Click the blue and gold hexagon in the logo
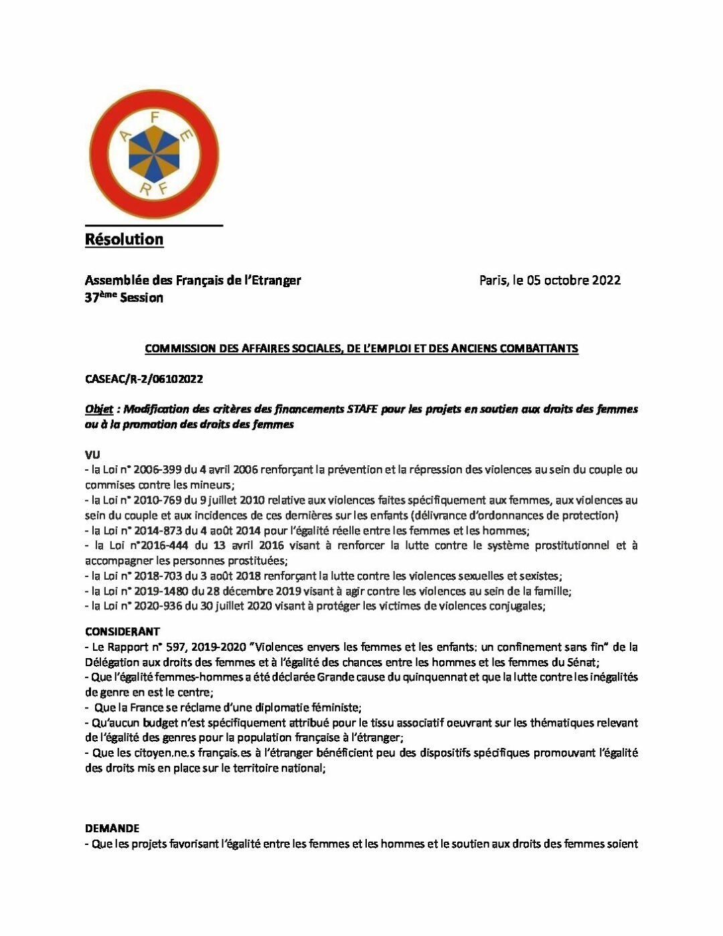pos(154,153)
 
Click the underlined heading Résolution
pos(124,240)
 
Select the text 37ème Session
pos(124,298)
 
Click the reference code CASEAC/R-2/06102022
pos(144,379)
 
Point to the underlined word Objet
pos(98,409)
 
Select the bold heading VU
pos(92,455)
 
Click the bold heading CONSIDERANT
pos(123,631)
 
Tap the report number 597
pos(177,647)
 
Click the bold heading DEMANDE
pos(112,828)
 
